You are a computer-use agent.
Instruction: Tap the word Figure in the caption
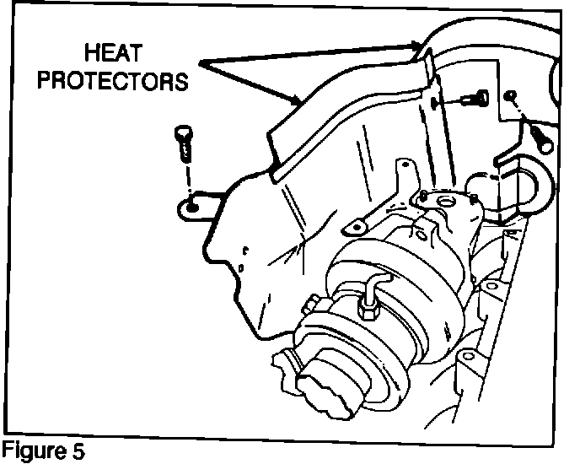[31, 450]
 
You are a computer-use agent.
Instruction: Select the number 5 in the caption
[78, 450]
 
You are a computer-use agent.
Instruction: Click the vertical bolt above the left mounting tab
[183, 144]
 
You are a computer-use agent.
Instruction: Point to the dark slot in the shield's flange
[433, 103]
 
